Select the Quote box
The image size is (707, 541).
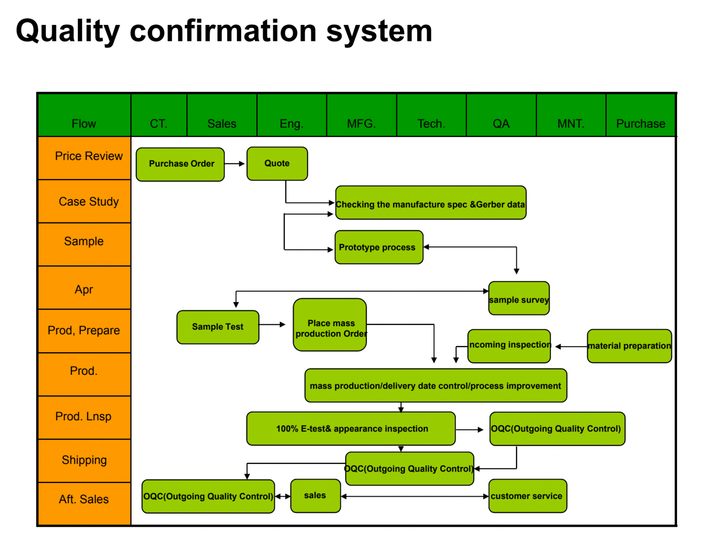[277, 163]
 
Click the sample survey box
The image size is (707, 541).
[519, 299]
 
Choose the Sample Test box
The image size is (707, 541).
[218, 327]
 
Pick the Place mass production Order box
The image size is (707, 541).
[330, 325]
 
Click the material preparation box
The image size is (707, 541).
[629, 346]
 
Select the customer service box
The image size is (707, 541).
[527, 496]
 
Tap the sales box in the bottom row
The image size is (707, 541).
[315, 496]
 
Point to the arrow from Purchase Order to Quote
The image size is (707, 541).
[235, 163]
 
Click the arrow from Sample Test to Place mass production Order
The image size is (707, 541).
[272, 325]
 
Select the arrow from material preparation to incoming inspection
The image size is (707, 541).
[571, 347]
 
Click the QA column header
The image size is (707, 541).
[501, 123]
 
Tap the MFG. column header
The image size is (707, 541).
[361, 123]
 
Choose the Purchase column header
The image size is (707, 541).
[641, 123]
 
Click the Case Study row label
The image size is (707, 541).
[88, 202]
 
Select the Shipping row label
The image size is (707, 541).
[84, 460]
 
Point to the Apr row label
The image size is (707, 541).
[84, 290]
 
